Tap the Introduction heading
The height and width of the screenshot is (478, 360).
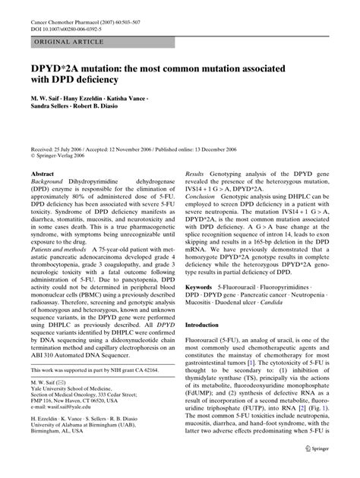tap(207, 324)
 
